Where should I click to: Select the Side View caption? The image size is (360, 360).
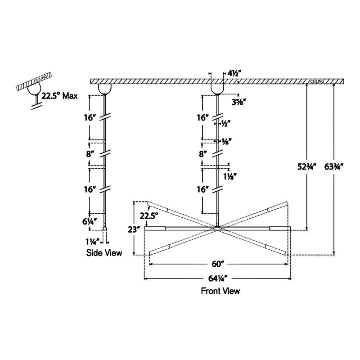click(104, 253)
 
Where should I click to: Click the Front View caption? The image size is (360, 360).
click(220, 291)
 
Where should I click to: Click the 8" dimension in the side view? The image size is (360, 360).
click(90, 153)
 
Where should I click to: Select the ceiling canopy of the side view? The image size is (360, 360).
click(104, 88)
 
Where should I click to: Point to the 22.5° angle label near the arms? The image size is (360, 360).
click(148, 216)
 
